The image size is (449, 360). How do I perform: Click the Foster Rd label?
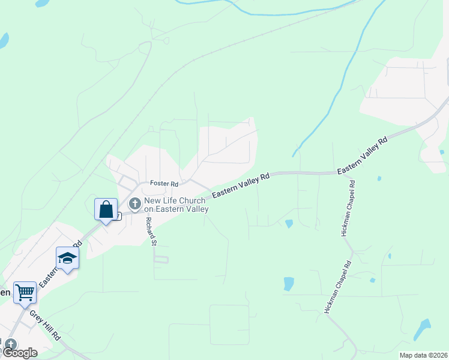click(164, 184)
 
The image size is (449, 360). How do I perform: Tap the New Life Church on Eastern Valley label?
click(176, 205)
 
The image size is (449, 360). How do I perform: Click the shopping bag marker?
click(106, 210)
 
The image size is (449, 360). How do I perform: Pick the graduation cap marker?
click(67, 258)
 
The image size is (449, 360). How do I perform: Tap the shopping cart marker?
click(25, 293)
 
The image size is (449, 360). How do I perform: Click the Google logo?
click(20, 353)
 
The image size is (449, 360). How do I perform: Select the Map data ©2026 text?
click(423, 355)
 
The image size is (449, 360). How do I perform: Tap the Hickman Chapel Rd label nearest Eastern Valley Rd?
click(348, 208)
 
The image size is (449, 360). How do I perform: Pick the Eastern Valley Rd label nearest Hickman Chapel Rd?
click(363, 155)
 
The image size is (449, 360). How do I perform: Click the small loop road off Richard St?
click(161, 260)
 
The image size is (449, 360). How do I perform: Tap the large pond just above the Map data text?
click(422, 329)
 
